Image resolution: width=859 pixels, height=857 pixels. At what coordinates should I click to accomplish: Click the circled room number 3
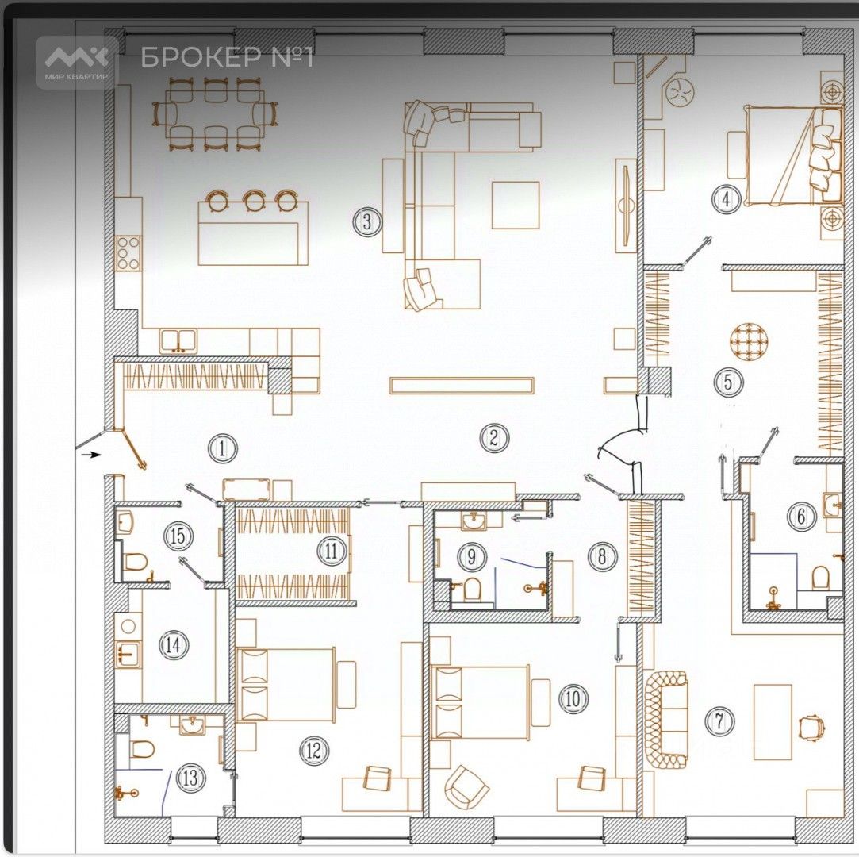[366, 222]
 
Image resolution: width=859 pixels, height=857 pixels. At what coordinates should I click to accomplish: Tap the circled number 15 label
[179, 536]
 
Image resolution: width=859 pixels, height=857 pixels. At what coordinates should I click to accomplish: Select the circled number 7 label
[719, 721]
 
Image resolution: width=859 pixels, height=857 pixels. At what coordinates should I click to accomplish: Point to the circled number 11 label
[331, 549]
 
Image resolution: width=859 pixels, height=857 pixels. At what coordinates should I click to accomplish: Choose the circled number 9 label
[470, 556]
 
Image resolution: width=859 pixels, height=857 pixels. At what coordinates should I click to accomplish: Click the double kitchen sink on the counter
[179, 341]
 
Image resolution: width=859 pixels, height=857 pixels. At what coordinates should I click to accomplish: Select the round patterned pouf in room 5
[750, 340]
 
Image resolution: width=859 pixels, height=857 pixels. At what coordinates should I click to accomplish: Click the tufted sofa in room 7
[665, 719]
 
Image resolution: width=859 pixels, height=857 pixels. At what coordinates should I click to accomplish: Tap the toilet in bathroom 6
[820, 576]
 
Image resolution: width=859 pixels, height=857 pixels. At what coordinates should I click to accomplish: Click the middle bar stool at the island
[255, 200]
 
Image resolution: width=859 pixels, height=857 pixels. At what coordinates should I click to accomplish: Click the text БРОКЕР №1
[228, 58]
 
